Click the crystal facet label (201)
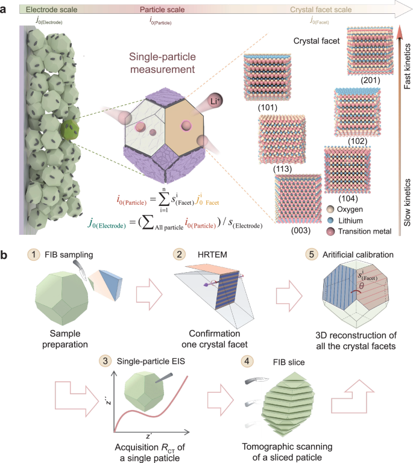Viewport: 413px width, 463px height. (x=368, y=80)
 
